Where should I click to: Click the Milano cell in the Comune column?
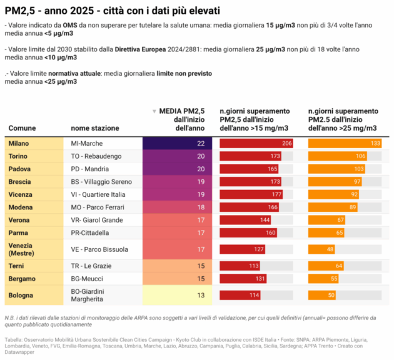click(19, 143)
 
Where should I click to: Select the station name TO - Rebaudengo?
click(96, 156)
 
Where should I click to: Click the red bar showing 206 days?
click(256, 143)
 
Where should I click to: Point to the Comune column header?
click(22, 128)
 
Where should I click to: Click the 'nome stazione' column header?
click(94, 128)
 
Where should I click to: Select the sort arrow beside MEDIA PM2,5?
click(154, 111)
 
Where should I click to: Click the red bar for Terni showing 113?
click(240, 266)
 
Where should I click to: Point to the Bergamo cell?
click(22, 279)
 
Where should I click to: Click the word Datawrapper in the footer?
click(20, 352)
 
